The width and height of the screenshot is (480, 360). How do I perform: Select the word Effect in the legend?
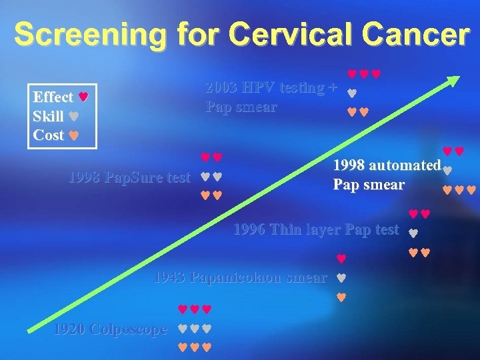coord(53,97)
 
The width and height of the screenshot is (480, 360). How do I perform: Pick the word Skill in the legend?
coord(48,116)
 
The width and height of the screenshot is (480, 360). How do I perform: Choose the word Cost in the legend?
coord(49,135)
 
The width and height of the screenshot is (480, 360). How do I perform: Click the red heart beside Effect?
coord(83,97)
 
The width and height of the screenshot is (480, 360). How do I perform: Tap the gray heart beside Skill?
coord(73,116)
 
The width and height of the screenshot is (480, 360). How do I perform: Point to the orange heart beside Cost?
coord(74,135)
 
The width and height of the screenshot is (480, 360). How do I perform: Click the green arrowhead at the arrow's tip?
coord(454,81)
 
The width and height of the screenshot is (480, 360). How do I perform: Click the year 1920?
coord(69,329)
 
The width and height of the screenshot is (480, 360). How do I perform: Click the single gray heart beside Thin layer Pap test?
coord(412,233)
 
